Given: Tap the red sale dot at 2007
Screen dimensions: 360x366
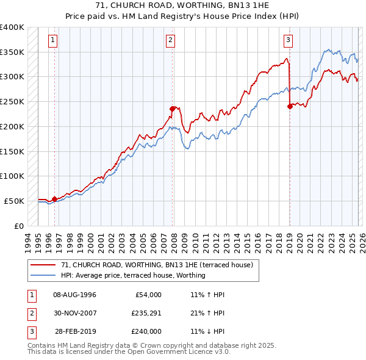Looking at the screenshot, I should [x=173, y=109].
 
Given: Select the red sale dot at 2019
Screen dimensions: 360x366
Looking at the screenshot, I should [x=289, y=106].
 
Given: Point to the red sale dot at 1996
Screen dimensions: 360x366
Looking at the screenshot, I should [x=55, y=198].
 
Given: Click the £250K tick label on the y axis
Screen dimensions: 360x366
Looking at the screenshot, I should [x=12, y=101].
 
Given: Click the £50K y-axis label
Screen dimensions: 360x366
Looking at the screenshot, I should [x=15, y=201].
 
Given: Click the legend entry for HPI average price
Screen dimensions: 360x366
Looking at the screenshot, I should [x=133, y=275].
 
